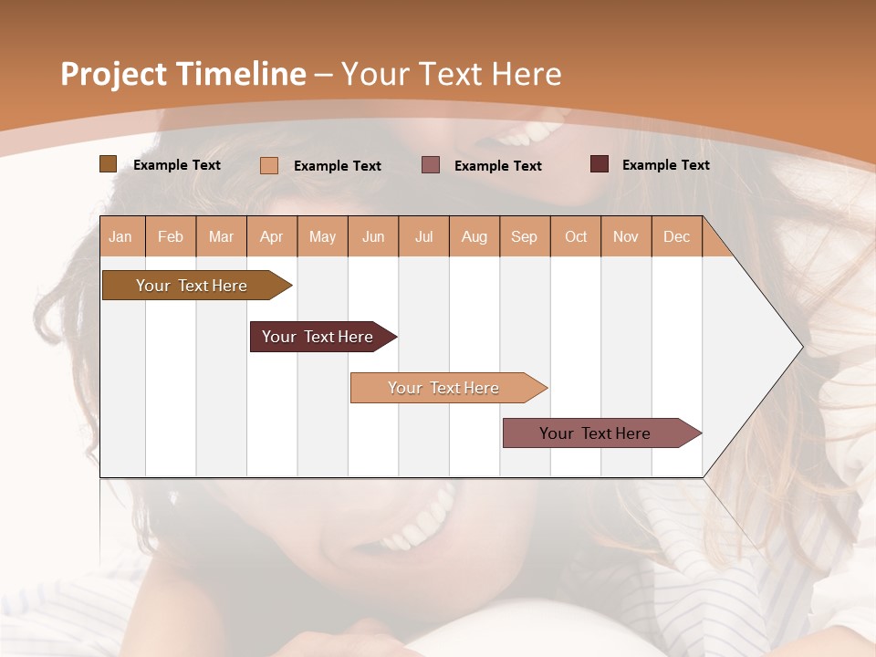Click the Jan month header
click(x=121, y=236)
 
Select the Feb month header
click(x=171, y=236)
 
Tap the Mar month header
click(x=221, y=236)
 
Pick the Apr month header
click(x=272, y=236)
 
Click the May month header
click(x=322, y=236)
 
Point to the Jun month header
click(x=373, y=236)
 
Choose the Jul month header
click(x=423, y=236)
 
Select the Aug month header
click(x=474, y=236)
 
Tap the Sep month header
click(x=525, y=236)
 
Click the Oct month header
click(x=576, y=236)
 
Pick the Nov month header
click(x=626, y=236)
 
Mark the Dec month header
click(x=677, y=236)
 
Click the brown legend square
click(x=109, y=164)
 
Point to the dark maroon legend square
click(x=600, y=164)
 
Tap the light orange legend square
click(x=269, y=165)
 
